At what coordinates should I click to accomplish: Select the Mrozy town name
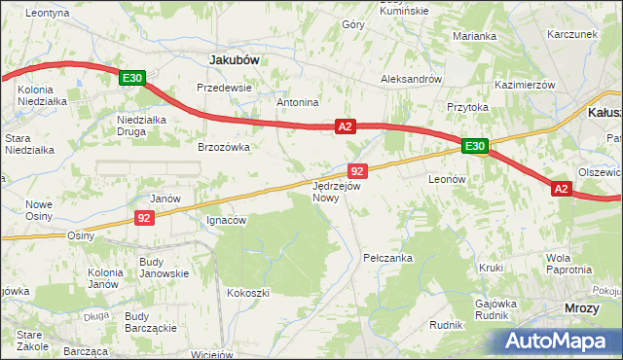[582, 307]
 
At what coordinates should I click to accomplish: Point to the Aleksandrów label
[412, 79]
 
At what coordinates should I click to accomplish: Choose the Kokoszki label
[247, 292]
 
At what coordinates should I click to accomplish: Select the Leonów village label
[449, 180]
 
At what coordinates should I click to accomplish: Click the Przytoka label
[466, 107]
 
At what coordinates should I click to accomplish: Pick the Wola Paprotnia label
[568, 264]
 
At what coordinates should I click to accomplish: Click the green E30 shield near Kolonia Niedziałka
[133, 78]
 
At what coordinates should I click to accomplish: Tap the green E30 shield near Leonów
[474, 146]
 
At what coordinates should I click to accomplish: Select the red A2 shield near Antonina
[346, 126]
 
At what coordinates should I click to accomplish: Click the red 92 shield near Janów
[144, 219]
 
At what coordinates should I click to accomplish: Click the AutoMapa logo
[559, 341]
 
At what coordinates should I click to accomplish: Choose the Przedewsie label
[224, 87]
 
